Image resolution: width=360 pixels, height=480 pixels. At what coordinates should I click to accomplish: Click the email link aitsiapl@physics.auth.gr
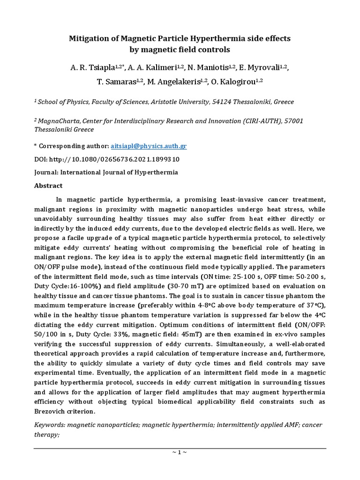tap(148, 146)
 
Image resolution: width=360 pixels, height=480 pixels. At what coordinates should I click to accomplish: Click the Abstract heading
tap(48, 186)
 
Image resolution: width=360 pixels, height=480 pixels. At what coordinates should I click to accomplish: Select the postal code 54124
tap(242, 102)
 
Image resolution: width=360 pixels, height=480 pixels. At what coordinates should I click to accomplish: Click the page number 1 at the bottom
tap(180, 452)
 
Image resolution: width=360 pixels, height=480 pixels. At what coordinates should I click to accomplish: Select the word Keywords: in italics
tap(51, 425)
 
